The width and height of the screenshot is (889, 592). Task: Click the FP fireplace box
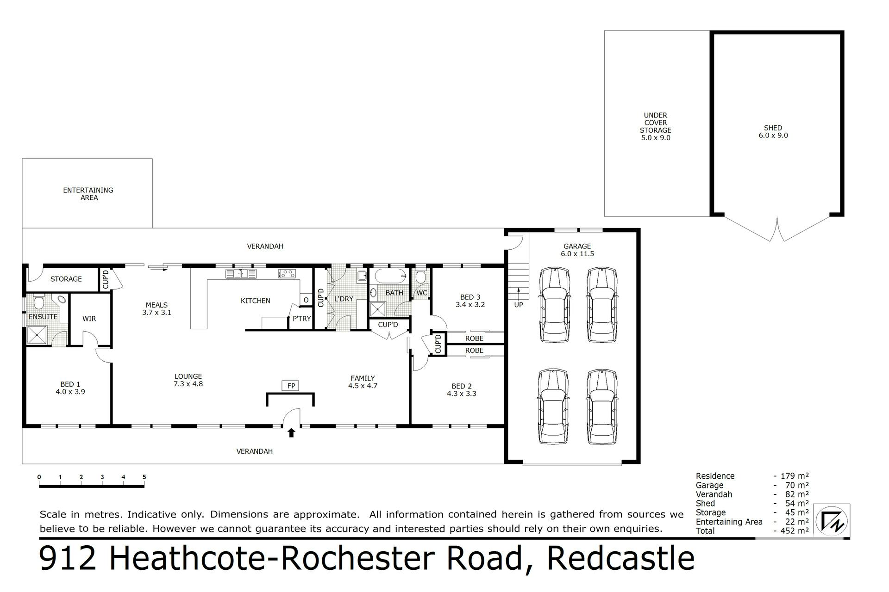(x=291, y=386)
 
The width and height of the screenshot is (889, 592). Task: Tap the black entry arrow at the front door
(x=291, y=432)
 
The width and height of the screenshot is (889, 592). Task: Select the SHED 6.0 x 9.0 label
(x=773, y=132)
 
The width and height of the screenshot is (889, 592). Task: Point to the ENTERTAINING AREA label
(x=88, y=194)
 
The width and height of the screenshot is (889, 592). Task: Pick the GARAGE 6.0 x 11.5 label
(x=577, y=250)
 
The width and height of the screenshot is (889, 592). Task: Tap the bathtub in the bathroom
(x=390, y=276)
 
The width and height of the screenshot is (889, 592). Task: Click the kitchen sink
(x=241, y=274)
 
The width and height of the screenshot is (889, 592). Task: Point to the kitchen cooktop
(x=287, y=274)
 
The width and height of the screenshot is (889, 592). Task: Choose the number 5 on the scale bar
(x=144, y=477)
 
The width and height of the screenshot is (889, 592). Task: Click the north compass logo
(x=832, y=521)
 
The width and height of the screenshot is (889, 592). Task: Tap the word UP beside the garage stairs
(x=519, y=305)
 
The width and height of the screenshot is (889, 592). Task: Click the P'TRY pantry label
(x=302, y=319)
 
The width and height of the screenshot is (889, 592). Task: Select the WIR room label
(x=89, y=319)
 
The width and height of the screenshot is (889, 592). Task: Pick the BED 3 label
(x=470, y=297)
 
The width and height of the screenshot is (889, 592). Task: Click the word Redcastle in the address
(x=621, y=559)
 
